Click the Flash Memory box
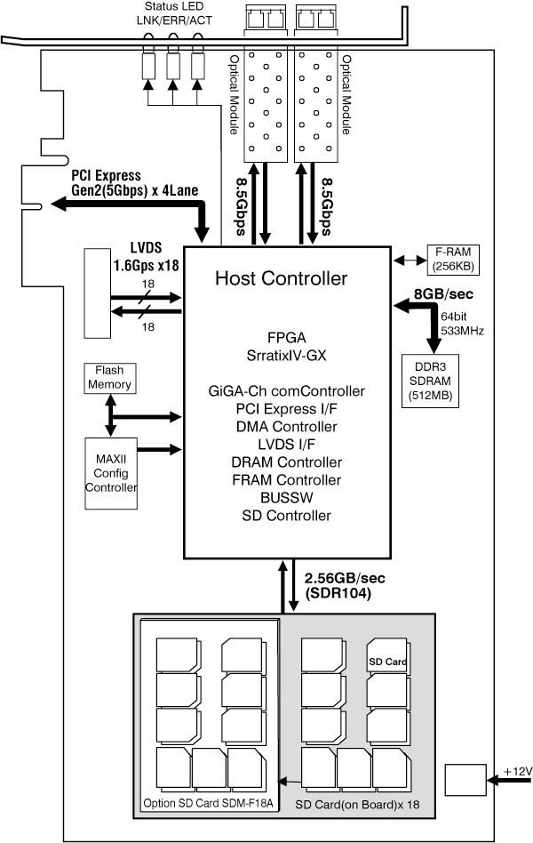(x=109, y=379)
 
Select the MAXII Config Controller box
(x=111, y=473)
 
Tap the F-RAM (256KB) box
(x=452, y=260)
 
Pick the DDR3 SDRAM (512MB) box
(x=430, y=381)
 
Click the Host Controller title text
(x=281, y=278)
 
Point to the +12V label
(x=518, y=772)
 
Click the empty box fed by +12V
(x=465, y=780)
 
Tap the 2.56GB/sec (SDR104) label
(x=345, y=585)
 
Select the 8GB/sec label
(x=443, y=294)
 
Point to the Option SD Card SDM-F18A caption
(x=208, y=803)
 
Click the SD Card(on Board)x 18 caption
(x=357, y=804)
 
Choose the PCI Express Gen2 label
(x=134, y=183)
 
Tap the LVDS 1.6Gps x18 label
(x=147, y=256)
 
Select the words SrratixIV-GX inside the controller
(x=286, y=356)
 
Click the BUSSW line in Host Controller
(x=286, y=498)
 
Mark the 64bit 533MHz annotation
(x=462, y=324)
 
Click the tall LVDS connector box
(x=97, y=293)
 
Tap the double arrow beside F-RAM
(x=409, y=261)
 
